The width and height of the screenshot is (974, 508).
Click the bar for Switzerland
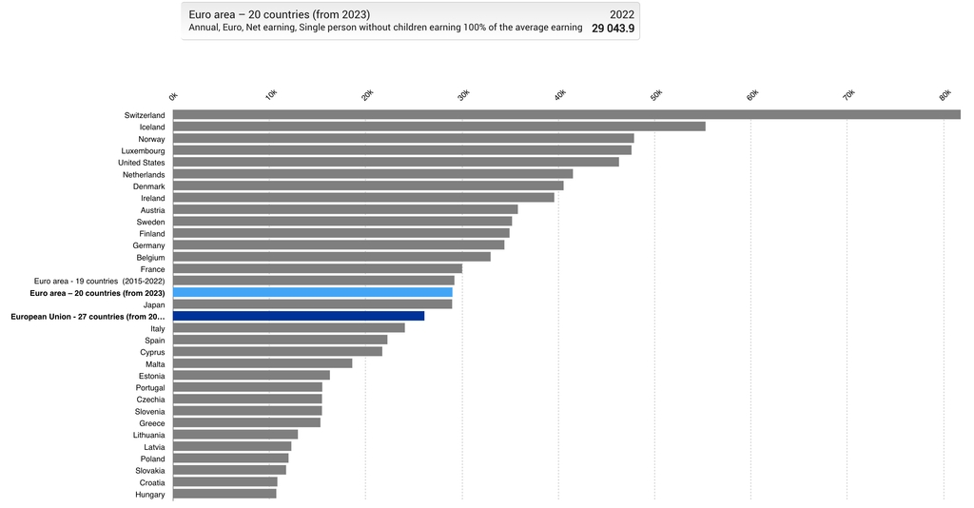coord(566,115)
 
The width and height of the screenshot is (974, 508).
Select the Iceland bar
coord(438,127)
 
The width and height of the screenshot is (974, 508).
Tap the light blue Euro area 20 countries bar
coord(312,293)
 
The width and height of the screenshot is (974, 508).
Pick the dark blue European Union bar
coord(299,316)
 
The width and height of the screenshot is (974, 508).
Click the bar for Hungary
coord(224,494)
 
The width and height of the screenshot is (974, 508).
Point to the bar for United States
coord(396,163)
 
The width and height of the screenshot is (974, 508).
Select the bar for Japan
coord(312,304)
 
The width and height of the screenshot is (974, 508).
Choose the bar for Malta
coord(263,363)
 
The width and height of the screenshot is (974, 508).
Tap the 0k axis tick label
coord(173,95)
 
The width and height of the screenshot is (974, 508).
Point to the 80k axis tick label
coord(945,95)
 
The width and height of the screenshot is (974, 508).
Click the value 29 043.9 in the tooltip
coord(613,29)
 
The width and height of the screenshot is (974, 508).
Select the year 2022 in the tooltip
coord(621,14)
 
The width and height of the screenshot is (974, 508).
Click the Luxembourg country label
coord(143,150)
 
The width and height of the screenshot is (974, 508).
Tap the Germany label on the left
coord(148,245)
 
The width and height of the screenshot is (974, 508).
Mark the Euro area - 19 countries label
coord(99,281)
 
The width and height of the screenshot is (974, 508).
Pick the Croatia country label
coord(151,482)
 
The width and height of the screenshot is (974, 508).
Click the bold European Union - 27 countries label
coord(88,316)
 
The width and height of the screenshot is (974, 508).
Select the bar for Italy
coord(288,328)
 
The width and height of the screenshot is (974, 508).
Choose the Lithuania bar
coord(235,435)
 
